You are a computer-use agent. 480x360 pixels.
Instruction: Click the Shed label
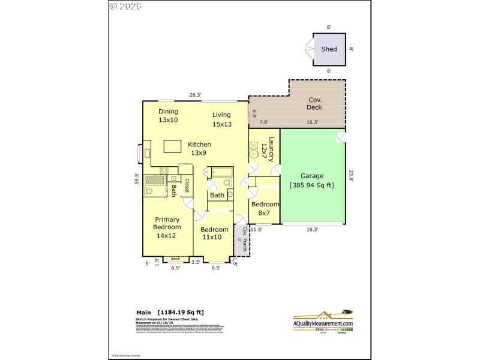tap(329, 49)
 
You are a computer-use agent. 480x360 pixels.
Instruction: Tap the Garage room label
tap(312, 176)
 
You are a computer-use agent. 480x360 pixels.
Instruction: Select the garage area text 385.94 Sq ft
tap(312, 185)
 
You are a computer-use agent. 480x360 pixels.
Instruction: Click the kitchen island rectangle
tap(172, 146)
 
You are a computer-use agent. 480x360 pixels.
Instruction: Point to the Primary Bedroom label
tap(167, 227)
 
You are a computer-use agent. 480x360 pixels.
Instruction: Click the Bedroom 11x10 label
tap(214, 233)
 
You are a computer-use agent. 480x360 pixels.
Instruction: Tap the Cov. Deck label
tap(315, 104)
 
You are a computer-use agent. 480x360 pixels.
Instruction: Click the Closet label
tap(187, 185)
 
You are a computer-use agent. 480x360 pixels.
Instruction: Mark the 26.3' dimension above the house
tap(195, 95)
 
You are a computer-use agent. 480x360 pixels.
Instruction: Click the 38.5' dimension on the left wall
tap(137, 179)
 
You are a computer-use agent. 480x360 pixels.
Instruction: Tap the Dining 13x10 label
tap(169, 116)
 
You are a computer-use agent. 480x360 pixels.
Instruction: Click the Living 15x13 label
tap(221, 119)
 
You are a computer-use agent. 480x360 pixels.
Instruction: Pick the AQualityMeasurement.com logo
tap(323, 320)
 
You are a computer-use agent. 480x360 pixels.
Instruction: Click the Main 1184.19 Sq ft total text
tap(170, 312)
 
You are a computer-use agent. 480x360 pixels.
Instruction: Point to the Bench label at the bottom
tap(175, 259)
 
